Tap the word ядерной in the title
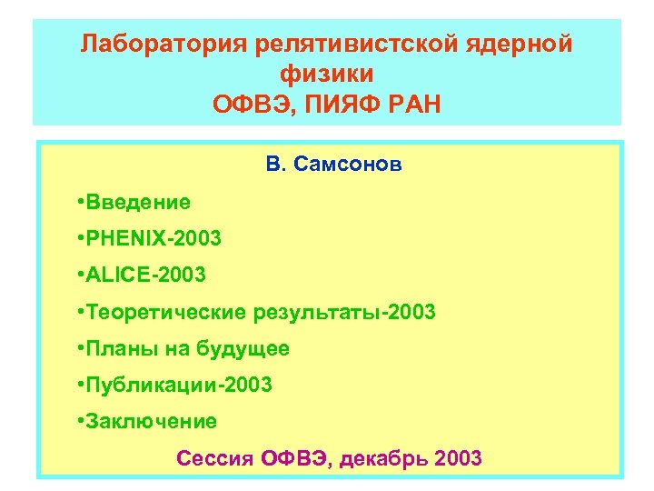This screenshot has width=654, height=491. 527,45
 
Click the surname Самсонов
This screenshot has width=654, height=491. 347,166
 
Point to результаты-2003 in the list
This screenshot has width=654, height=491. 344,312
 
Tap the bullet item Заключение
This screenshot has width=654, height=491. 152,421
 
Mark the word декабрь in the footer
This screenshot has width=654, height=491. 385,458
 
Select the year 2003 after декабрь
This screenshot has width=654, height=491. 459,458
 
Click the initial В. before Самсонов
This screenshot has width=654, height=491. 275,166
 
